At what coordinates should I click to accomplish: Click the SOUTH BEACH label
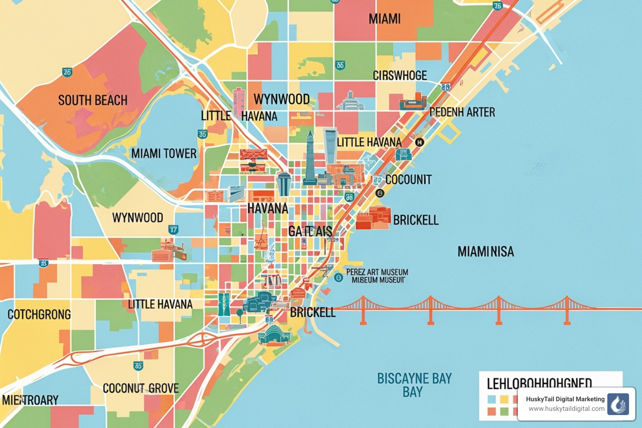[93, 101]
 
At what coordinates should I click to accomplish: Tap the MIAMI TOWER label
[164, 154]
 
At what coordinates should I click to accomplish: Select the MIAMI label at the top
[385, 19]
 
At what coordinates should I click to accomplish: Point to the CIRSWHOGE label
[400, 76]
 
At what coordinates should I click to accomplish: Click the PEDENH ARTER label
[462, 112]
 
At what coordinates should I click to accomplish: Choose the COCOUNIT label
[408, 180]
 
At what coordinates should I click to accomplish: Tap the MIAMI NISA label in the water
[486, 252]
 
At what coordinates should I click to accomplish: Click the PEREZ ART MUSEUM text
[377, 272]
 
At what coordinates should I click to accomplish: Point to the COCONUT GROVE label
[141, 388]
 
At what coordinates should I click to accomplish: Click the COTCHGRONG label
[39, 314]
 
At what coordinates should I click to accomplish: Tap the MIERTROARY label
[30, 400]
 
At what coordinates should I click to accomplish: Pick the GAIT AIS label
[310, 232]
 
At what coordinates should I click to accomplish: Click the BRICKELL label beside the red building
[416, 220]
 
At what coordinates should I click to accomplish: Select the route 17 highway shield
[173, 229]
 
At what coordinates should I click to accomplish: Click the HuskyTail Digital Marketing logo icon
[618, 404]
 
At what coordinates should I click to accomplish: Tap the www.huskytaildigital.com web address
[566, 409]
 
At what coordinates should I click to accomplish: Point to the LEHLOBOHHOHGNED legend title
[539, 383]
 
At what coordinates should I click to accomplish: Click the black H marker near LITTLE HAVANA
[419, 142]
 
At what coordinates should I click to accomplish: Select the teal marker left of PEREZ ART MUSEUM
[339, 277]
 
